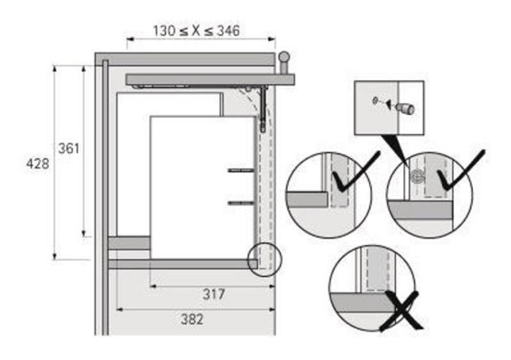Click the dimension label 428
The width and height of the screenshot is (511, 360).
tap(37, 163)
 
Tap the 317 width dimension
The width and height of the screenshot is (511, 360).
tap(214, 294)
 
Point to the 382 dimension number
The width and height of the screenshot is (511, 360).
tap(192, 319)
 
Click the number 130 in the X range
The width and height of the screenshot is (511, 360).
tap(164, 31)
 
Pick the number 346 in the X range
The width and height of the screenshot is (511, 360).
tap(228, 31)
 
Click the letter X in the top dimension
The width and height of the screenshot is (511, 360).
tap(196, 31)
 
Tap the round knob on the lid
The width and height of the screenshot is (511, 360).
tap(284, 57)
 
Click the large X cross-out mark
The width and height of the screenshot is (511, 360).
tap(401, 311)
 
